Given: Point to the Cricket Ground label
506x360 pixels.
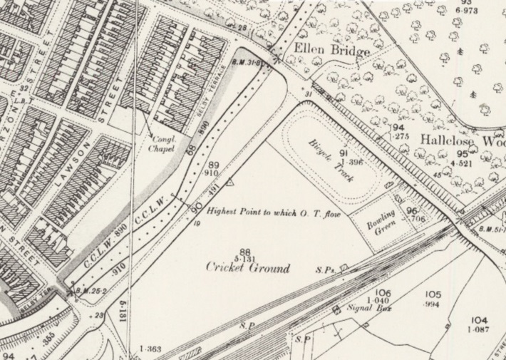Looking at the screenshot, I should pyautogui.click(x=248, y=268).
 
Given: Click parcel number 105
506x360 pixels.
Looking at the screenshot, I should pyautogui.click(x=433, y=294).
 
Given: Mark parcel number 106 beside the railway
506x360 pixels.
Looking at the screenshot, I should pyautogui.click(x=383, y=293).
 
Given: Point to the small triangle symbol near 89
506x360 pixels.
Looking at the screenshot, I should pyautogui.click(x=230, y=184).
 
